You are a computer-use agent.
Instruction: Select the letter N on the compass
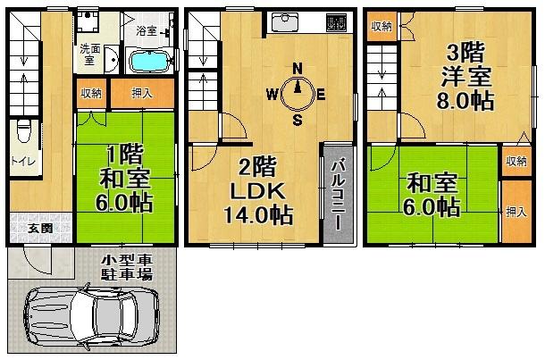[x=298, y=68]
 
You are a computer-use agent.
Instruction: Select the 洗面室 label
[x=89, y=55]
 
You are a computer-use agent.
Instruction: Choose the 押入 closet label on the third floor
[x=516, y=212]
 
